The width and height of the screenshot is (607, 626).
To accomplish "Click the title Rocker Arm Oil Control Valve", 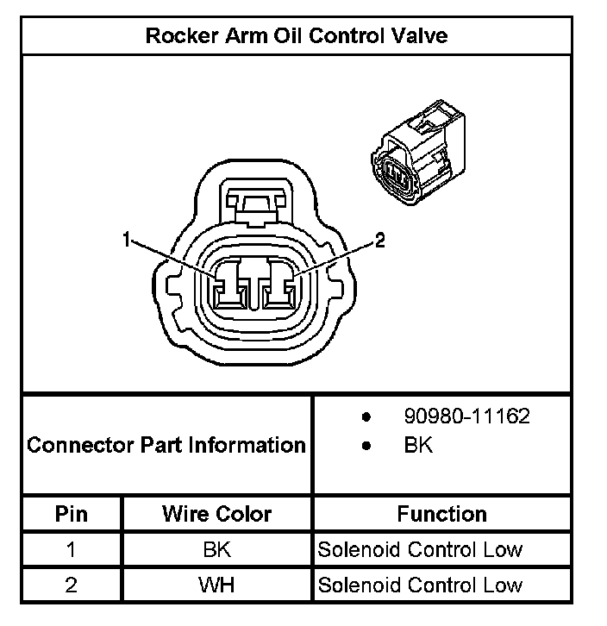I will click(297, 36).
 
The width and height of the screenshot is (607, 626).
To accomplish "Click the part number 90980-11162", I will click(466, 416).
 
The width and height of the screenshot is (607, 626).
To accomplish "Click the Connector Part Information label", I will click(166, 445).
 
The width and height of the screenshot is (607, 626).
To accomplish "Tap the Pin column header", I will click(72, 514).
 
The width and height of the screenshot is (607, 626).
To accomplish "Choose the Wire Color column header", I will click(216, 514).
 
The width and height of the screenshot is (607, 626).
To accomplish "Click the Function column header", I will click(441, 514).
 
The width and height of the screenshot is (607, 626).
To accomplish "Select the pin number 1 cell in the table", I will click(72, 549).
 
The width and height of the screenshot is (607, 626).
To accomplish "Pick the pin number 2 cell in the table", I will click(72, 585).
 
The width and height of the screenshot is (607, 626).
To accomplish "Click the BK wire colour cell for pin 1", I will click(216, 549).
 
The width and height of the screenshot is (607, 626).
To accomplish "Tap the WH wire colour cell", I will click(216, 585).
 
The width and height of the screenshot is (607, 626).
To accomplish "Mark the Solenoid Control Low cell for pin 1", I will click(420, 549).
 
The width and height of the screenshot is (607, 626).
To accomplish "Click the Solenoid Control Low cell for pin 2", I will click(420, 585).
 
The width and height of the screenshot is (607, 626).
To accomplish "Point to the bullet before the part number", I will click(366, 417).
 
